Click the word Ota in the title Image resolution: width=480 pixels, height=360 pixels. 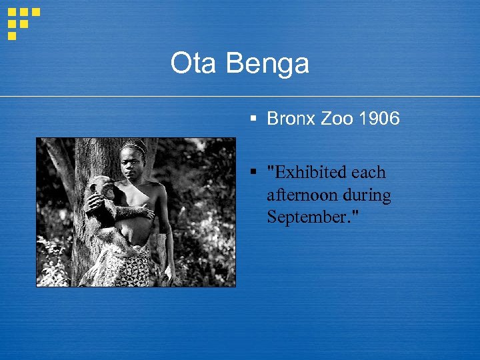(195, 64)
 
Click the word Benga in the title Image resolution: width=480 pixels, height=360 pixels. (268, 65)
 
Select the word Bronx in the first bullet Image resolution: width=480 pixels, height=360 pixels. (290, 119)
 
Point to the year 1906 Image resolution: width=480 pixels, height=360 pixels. (379, 119)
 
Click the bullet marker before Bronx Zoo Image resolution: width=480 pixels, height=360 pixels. (253, 119)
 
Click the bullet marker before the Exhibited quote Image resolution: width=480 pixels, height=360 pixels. (253, 172)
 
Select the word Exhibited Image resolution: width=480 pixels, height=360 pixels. (307, 173)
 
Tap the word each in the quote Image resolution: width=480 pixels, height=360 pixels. (369, 173)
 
